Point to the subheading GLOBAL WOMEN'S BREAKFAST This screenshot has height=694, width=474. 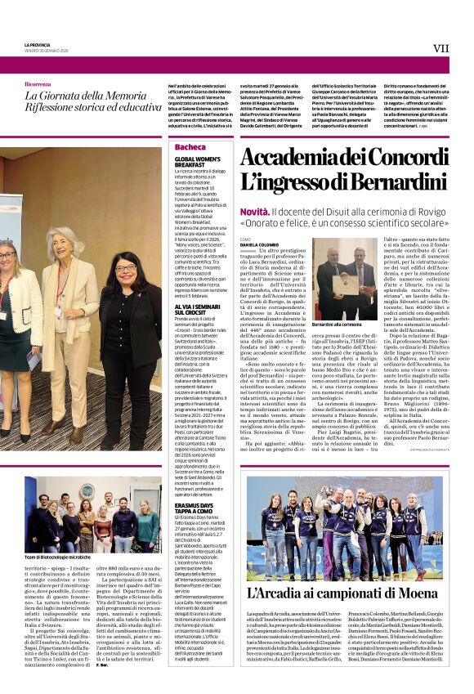point(198,162)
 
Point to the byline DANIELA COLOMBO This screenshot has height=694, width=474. point(259,245)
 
